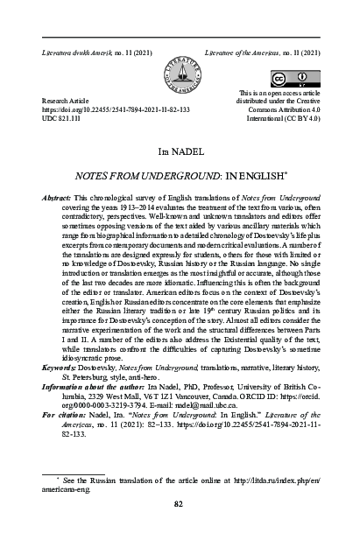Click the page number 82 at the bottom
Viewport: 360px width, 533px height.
(179, 503)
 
